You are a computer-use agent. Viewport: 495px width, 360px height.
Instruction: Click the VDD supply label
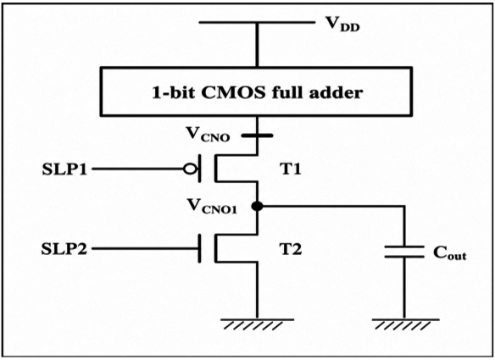342,24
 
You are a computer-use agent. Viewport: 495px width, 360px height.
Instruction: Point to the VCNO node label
208,135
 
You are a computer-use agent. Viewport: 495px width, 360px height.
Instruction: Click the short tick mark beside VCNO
257,136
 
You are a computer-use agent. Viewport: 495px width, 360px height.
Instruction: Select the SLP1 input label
64,169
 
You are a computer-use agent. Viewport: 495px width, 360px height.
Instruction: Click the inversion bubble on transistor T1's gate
189,169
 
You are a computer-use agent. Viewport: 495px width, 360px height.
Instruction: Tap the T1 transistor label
291,169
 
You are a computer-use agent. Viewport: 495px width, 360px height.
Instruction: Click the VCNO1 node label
212,207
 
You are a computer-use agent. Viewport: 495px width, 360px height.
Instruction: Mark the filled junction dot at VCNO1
257,207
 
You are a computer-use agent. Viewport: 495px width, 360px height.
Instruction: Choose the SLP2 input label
64,249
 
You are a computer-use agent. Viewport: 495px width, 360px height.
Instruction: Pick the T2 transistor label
291,249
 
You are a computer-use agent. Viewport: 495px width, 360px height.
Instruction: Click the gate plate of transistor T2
199,249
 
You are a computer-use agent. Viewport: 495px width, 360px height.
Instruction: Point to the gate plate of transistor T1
199,169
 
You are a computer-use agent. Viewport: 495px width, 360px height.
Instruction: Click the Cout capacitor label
450,252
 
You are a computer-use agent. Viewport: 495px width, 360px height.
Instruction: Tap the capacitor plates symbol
404,252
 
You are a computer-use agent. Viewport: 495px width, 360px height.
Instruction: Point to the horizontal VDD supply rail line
257,22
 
